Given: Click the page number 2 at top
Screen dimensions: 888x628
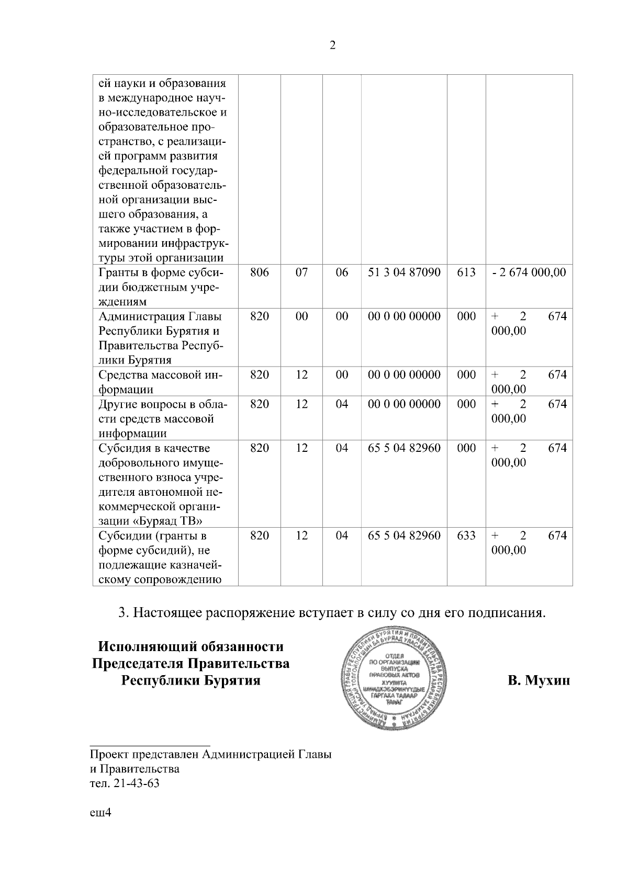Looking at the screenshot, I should [332, 45].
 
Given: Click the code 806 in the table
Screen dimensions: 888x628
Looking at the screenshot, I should [260, 272].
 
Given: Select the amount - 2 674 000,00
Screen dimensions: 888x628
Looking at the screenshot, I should [529, 272].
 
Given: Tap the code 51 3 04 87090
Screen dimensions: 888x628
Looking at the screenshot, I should [404, 272].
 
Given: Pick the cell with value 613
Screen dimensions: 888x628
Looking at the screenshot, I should [466, 272].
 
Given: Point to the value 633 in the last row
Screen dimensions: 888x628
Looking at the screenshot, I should [466, 536].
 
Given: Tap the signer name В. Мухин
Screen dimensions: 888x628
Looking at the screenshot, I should [539, 681].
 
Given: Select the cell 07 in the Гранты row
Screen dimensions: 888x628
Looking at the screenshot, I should [301, 272].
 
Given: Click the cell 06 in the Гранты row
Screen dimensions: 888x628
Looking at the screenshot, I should [342, 272].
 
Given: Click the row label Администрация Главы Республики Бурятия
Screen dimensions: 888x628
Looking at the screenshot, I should [159, 338].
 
